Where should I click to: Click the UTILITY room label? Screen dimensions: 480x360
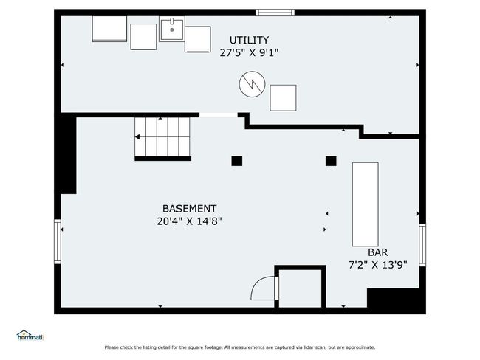pyautogui.click(x=249, y=40)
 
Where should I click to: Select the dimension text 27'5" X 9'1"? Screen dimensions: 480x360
pyautogui.click(x=249, y=53)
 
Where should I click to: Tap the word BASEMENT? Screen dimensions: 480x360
pyautogui.click(x=190, y=209)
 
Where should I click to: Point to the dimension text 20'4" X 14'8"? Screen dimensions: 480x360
pyautogui.click(x=189, y=221)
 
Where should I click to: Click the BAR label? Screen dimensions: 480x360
pyautogui.click(x=378, y=252)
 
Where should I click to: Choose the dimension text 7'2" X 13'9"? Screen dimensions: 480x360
pyautogui.click(x=378, y=265)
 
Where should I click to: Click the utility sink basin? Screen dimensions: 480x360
pyautogui.click(x=172, y=29)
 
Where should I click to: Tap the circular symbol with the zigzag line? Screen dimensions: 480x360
pyautogui.click(x=253, y=84)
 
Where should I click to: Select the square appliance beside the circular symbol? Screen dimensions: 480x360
pyautogui.click(x=283, y=98)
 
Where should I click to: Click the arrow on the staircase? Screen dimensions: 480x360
pyautogui.click(x=138, y=136)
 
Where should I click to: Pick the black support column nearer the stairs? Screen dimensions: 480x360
pyautogui.click(x=237, y=161)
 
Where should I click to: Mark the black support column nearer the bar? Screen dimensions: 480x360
pyautogui.click(x=331, y=161)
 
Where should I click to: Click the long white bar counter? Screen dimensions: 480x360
pyautogui.click(x=366, y=204)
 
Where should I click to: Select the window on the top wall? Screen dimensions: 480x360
pyautogui.click(x=275, y=13)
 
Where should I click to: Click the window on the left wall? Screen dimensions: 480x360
pyautogui.click(x=58, y=241)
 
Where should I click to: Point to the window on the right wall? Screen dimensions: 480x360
pyautogui.click(x=422, y=245)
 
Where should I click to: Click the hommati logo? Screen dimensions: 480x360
pyautogui.click(x=30, y=336)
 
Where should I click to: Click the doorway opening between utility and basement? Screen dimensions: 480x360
pyautogui.click(x=219, y=115)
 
